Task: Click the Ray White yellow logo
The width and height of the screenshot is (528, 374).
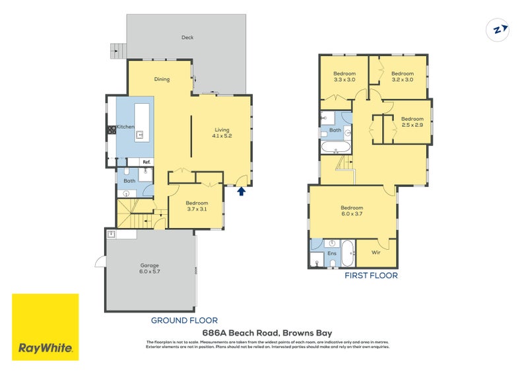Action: [46, 327]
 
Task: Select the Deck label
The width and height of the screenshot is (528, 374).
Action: [188, 38]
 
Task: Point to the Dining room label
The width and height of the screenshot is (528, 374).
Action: [162, 79]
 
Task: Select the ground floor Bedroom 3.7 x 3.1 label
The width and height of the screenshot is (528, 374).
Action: [196, 206]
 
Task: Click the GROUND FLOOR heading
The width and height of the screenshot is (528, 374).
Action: [185, 320]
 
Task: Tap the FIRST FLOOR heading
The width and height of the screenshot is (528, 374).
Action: [372, 276]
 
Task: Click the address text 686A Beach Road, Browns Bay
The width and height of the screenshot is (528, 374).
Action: [267, 333]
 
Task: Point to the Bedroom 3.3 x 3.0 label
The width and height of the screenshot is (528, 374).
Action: [345, 76]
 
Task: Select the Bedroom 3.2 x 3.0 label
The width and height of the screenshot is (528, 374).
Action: [402, 76]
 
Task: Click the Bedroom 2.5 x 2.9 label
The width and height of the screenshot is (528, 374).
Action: [412, 122]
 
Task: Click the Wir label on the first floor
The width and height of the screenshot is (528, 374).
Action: [376, 252]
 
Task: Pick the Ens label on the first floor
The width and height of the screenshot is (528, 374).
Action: [332, 253]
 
